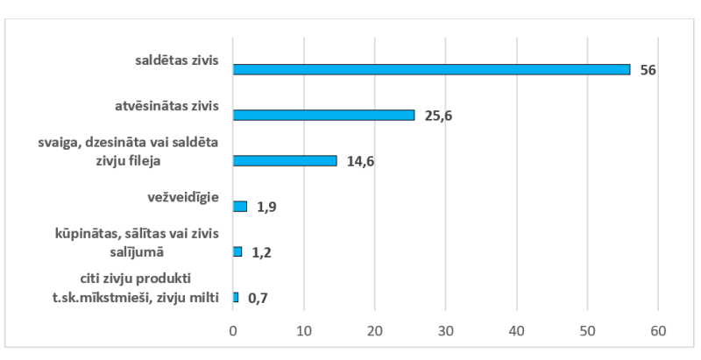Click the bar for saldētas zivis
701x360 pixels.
[431, 69]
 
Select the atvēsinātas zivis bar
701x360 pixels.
[323, 115]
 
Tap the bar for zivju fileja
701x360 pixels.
[285, 160]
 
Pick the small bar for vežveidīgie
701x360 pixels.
[240, 206]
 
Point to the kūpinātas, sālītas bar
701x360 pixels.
[237, 251]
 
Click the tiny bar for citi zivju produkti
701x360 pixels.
[236, 297]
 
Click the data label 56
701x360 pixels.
[648, 69]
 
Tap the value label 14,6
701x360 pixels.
[360, 161]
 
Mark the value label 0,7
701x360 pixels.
[258, 298]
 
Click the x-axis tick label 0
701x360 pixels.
[233, 330]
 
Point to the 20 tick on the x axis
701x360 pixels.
[374, 330]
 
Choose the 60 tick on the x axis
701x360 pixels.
[658, 330]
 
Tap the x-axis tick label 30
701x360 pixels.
[445, 330]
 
